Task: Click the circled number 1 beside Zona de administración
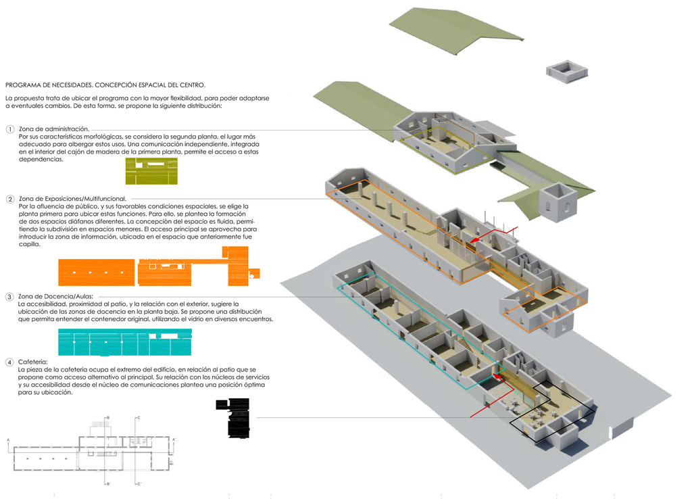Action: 9,129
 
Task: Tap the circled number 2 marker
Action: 9,199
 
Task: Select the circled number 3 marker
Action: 9,297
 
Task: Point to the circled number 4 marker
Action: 9,363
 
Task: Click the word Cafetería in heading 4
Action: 33,362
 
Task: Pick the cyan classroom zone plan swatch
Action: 125,342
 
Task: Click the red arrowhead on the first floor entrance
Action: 476,239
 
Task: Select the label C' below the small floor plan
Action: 139,484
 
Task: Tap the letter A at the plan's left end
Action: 7,440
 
